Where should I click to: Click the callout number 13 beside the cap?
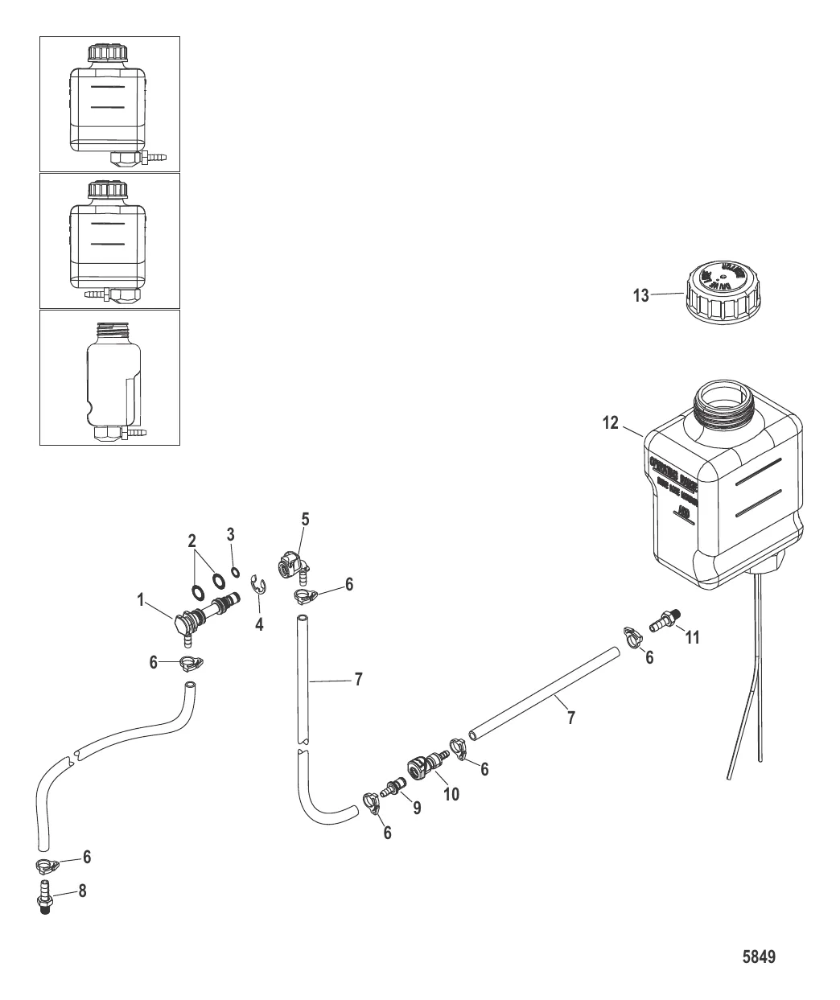coord(640,295)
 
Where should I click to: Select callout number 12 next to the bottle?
coord(611,422)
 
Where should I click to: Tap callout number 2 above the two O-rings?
coord(191,539)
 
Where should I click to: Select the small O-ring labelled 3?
coord(234,572)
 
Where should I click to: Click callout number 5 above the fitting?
coord(306,521)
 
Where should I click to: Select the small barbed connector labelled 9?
coord(393,787)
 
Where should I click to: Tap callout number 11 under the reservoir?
coord(692,638)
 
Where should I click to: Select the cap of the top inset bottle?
coord(108,54)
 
